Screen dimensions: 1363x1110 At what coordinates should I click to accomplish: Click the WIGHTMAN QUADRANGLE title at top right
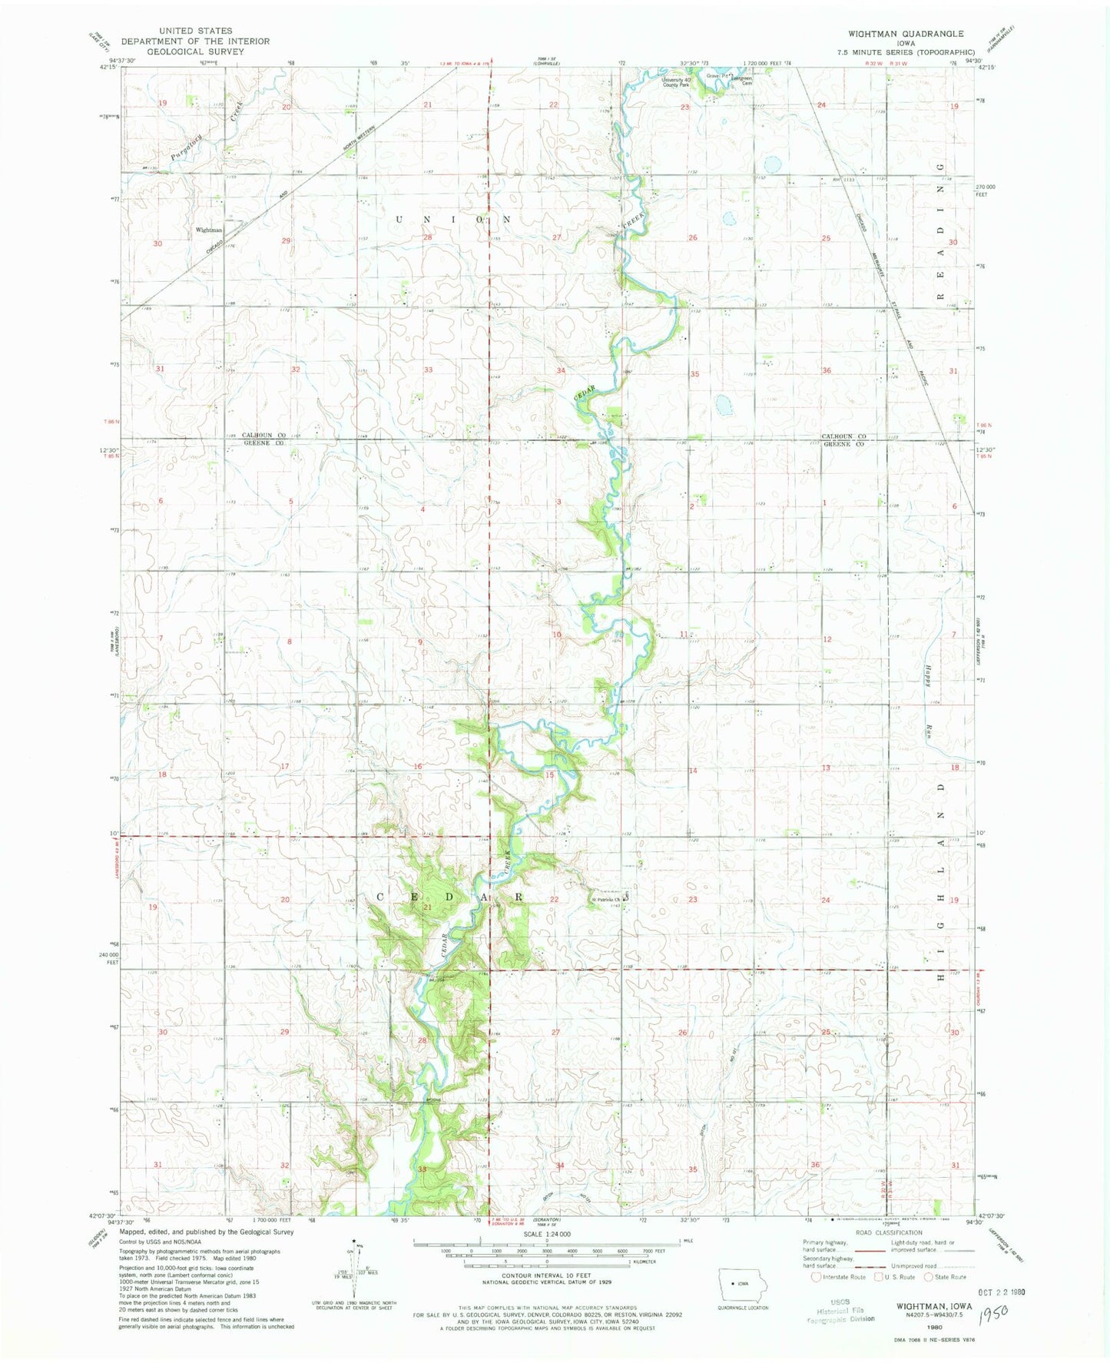pyautogui.click(x=905, y=34)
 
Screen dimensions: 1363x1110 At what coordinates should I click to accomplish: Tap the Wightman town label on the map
pyautogui.click(x=208, y=230)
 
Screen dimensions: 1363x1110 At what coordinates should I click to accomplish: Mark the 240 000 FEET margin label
pyautogui.click(x=111, y=958)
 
